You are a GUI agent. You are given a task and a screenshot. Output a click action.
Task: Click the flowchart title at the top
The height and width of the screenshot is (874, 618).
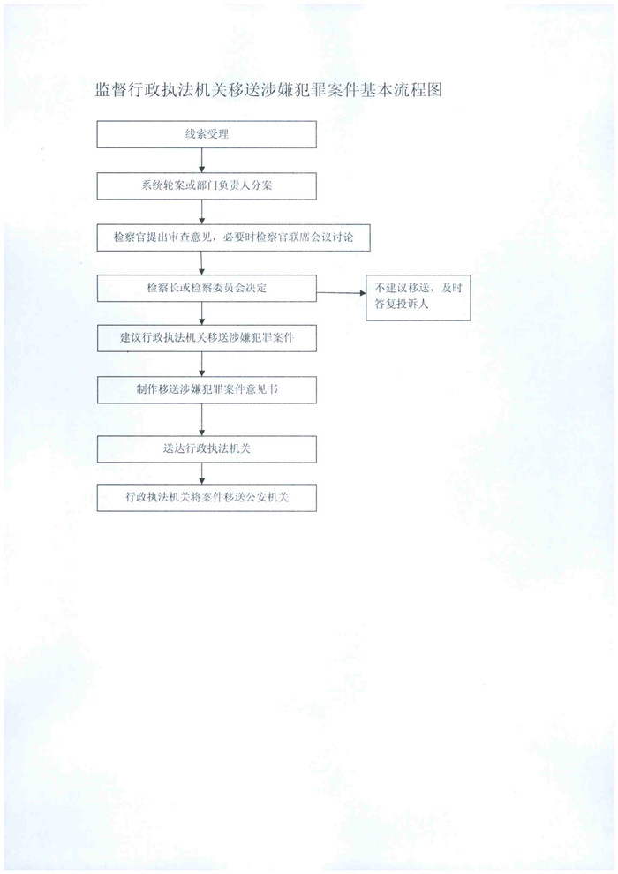pos(268,90)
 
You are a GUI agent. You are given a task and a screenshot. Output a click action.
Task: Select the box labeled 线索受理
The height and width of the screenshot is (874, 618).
pos(207,134)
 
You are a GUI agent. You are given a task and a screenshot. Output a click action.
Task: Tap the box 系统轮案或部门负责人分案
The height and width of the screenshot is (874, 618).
pos(207,185)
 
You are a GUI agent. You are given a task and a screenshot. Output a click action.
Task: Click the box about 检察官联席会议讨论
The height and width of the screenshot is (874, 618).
pos(233,237)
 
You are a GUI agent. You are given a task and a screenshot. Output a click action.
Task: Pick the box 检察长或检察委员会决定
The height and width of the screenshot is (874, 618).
pos(207,288)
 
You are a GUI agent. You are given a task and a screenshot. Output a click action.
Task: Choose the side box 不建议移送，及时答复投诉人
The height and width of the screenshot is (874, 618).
pos(418,298)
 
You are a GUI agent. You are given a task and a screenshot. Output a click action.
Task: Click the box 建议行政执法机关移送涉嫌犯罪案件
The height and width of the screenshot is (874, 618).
pos(207,338)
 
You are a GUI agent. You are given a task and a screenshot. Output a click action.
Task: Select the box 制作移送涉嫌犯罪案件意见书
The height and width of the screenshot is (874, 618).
pos(207,389)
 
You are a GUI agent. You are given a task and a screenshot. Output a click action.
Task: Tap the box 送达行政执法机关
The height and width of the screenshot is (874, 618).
pos(207,448)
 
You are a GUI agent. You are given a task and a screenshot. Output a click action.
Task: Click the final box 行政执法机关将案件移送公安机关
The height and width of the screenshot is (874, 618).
pos(207,497)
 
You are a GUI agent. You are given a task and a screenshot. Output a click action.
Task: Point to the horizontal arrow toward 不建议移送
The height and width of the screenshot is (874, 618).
pos(341,292)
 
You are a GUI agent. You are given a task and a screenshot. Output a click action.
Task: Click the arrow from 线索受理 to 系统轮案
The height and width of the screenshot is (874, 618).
pos(201,161)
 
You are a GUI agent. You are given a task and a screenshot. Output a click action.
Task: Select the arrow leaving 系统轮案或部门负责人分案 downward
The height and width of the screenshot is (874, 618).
pos(201,212)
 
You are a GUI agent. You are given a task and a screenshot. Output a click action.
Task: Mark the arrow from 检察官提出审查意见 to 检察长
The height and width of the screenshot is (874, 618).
pos(201,263)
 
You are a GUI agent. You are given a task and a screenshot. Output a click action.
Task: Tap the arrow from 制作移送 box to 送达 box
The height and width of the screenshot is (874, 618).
pos(201,419)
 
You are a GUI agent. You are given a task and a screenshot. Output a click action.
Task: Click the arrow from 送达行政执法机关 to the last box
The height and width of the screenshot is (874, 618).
pos(201,473)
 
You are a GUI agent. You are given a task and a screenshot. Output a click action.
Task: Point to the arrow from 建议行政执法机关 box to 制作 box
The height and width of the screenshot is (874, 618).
pos(201,364)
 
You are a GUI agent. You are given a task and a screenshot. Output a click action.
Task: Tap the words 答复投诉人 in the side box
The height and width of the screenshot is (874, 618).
pos(401,305)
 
